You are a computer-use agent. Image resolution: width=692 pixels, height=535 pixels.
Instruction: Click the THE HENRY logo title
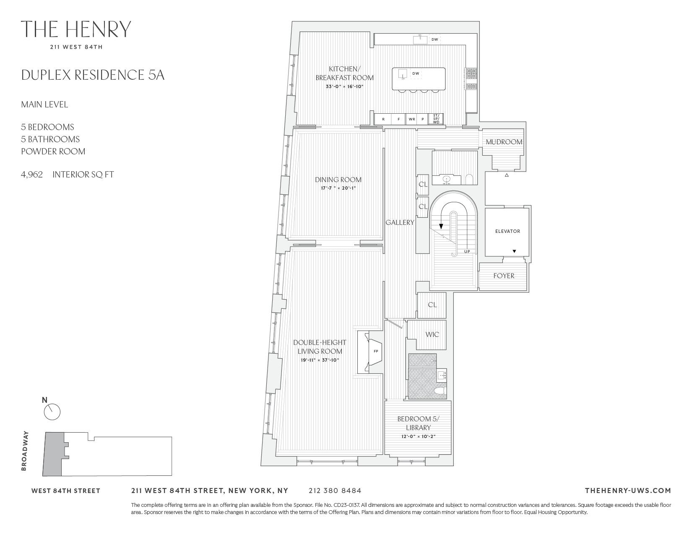click(x=76, y=29)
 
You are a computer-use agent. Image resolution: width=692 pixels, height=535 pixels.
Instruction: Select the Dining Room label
click(x=338, y=180)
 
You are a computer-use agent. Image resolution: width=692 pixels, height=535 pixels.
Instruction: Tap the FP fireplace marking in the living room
click(x=375, y=351)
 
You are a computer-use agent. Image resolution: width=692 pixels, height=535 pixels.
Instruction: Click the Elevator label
click(x=507, y=231)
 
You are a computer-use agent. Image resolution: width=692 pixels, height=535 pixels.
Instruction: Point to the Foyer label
click(x=504, y=276)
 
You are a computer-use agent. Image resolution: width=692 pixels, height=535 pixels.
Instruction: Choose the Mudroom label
click(x=504, y=142)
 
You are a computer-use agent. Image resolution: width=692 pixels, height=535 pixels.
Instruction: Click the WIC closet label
click(x=432, y=334)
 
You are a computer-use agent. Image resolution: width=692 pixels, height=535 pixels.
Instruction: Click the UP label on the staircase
click(x=467, y=252)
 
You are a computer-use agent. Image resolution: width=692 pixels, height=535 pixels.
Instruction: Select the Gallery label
click(x=400, y=222)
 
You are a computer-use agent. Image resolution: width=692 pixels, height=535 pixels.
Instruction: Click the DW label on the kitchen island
click(x=416, y=73)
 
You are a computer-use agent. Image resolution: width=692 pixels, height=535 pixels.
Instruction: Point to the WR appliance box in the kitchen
click(x=412, y=119)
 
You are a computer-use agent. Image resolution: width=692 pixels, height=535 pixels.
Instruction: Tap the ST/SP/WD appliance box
click(x=436, y=119)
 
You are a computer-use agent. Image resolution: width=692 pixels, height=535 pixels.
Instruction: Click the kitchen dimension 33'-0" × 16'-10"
click(x=344, y=87)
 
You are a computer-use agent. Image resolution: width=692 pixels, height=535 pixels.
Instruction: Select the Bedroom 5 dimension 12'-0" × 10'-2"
click(x=418, y=436)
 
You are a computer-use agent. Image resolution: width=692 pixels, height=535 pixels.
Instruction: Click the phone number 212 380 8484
click(x=335, y=491)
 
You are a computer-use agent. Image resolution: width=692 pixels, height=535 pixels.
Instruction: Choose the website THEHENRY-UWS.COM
click(x=627, y=491)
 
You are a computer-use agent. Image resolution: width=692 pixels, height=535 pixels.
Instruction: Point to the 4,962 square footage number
click(x=32, y=175)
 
